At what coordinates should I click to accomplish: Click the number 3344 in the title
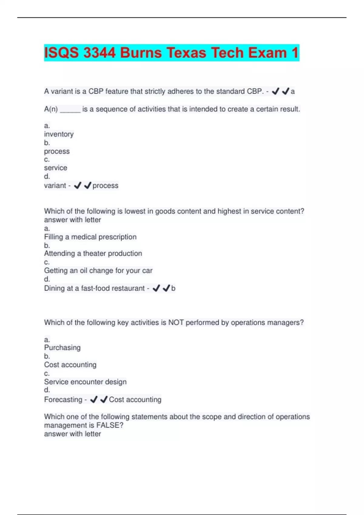click(x=99, y=53)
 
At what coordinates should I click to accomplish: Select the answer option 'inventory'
click(x=59, y=134)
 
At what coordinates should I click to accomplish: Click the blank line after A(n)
click(x=70, y=110)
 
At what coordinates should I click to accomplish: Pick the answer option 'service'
click(x=56, y=168)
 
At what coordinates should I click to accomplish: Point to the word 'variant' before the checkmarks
click(x=55, y=186)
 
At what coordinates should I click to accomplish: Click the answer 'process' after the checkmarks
click(x=105, y=186)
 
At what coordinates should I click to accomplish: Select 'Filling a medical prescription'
click(x=90, y=237)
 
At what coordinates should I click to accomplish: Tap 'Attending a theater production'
click(x=93, y=254)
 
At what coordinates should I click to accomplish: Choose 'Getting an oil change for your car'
click(x=98, y=271)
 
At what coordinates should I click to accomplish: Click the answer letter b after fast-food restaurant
click(x=173, y=288)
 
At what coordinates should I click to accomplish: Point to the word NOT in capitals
click(x=176, y=323)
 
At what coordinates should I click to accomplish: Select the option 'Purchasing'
click(x=62, y=348)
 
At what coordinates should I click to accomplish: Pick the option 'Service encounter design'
click(x=85, y=382)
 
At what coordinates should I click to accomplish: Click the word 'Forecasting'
click(x=63, y=400)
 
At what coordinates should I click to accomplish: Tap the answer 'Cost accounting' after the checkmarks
click(x=135, y=400)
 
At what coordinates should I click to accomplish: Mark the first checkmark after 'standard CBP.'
click(x=275, y=91)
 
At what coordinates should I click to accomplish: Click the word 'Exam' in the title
click(x=267, y=53)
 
